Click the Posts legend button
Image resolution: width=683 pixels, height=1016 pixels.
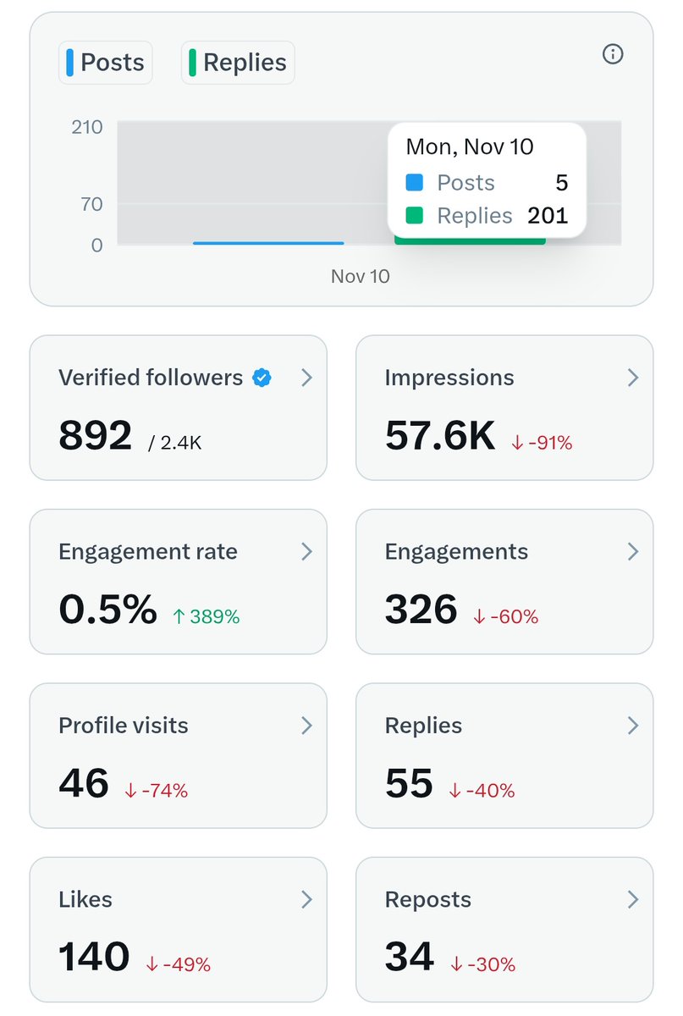[x=106, y=63]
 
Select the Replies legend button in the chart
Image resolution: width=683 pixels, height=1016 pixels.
[x=238, y=63]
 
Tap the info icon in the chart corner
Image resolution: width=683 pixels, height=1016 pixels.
[x=612, y=54]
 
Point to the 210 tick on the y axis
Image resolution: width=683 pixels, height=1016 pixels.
[x=86, y=127]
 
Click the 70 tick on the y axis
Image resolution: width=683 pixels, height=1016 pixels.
[x=91, y=204]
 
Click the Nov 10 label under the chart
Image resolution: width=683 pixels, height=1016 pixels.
[x=360, y=276]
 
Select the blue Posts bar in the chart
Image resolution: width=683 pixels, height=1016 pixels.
[x=268, y=243]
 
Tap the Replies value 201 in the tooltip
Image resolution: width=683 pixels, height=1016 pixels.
[x=548, y=216]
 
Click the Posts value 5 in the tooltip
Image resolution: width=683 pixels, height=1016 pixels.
[x=561, y=183]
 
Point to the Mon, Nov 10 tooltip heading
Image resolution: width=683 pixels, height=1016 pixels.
[x=470, y=146]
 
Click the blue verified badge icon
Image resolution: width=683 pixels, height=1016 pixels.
[x=262, y=378]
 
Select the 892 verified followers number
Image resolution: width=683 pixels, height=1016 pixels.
[x=96, y=436]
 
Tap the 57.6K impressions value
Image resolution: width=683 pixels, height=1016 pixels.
[x=439, y=436]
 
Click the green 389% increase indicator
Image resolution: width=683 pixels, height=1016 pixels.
[x=208, y=617]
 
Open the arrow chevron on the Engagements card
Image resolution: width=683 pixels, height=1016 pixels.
[x=632, y=552]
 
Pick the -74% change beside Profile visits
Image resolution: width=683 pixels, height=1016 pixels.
[x=157, y=791]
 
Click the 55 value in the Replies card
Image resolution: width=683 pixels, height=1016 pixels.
[x=409, y=783]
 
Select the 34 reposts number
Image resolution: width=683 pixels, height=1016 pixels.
[x=409, y=957]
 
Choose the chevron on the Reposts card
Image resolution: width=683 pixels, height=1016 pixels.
[x=632, y=899]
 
